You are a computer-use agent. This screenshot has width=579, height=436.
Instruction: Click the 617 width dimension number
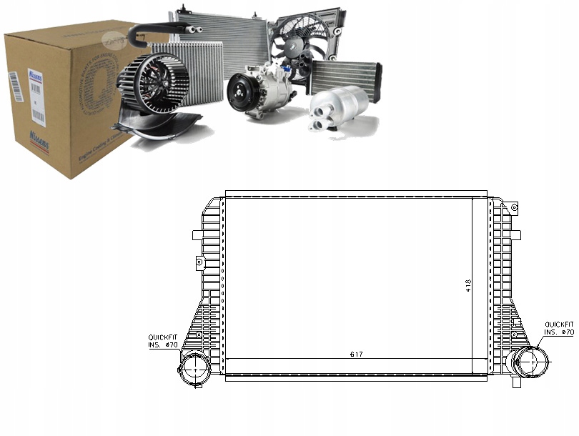coord(355,355)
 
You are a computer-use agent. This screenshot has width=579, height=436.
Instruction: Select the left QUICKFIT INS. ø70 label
coord(162,342)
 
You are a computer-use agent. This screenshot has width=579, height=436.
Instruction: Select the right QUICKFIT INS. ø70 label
coord(558,328)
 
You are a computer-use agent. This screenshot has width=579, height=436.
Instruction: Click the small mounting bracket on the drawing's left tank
coord(199,264)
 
